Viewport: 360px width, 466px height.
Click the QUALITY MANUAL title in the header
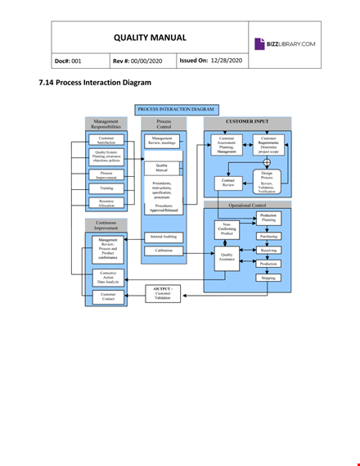pos(149,38)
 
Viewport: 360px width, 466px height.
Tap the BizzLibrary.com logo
pos(286,43)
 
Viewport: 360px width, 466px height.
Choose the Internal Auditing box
pos(162,237)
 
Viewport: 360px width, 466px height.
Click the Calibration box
pos(162,251)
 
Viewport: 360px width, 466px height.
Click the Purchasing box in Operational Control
pos(268,236)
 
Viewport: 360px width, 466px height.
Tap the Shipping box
pos(268,278)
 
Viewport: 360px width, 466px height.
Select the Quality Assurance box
pos(227,256)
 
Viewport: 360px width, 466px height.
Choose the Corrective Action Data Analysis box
pos(108,278)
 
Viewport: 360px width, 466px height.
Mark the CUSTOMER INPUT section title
pos(246,121)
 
